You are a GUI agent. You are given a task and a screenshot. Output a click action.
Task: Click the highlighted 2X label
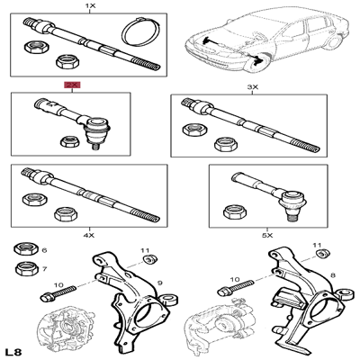[x=72, y=85]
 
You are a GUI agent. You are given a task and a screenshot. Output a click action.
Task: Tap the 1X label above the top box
[x=90, y=5]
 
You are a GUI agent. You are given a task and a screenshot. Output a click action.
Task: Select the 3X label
[x=252, y=87]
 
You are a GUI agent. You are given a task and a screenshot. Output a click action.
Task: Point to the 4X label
[x=89, y=236]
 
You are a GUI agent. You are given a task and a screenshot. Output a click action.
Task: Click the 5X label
[x=267, y=236]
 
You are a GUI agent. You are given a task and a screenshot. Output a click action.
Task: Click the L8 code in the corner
[x=13, y=351]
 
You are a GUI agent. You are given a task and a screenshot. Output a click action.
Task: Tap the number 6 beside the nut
[x=44, y=250]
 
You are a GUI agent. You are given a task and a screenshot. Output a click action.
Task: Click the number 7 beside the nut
[x=44, y=269]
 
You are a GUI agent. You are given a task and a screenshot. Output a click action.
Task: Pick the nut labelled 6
[x=25, y=249]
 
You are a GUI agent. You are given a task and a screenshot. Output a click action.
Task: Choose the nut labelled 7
[x=27, y=268]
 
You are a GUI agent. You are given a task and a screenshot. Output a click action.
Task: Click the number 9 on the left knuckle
[x=160, y=283]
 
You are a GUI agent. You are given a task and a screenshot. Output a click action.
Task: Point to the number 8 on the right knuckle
[x=332, y=275]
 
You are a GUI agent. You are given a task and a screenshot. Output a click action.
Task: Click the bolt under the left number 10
[x=58, y=293]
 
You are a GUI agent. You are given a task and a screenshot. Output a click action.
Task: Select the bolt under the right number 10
[x=236, y=287]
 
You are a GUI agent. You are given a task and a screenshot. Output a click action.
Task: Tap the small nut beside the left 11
[x=150, y=258]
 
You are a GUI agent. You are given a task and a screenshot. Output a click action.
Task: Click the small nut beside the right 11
[x=323, y=254]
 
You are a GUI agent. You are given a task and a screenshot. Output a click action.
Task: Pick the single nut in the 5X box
[x=235, y=211]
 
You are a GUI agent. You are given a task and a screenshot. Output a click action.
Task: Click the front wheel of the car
[x=256, y=61]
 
